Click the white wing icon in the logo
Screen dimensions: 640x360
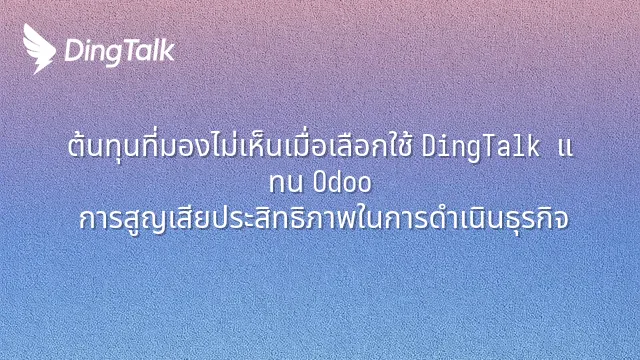[39, 48]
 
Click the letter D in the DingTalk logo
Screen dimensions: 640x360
[73, 51]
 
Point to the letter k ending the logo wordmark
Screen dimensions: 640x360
[167, 50]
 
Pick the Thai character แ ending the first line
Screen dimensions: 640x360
[565, 148]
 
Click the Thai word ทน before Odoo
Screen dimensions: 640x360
[286, 183]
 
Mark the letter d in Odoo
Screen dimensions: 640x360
[336, 182]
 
